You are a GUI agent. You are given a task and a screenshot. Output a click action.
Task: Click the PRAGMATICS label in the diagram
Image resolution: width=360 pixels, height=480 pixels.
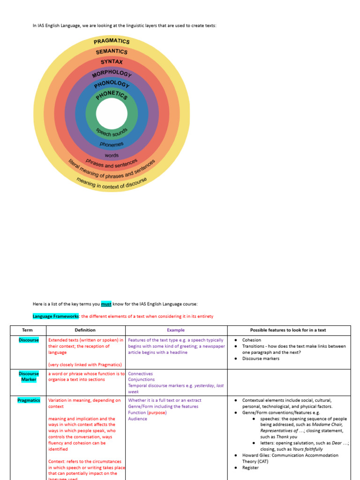pyautogui.click(x=112, y=41)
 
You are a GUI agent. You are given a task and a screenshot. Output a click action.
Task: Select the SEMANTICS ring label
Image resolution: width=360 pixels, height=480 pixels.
pyautogui.click(x=112, y=52)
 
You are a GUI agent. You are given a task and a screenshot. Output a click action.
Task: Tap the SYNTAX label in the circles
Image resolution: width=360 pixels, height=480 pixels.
pyautogui.click(x=112, y=61)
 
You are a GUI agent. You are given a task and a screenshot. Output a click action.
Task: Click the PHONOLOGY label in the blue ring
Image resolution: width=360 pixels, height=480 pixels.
pyautogui.click(x=112, y=84)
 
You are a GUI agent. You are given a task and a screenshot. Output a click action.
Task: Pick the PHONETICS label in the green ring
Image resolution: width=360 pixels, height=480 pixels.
pyautogui.click(x=112, y=95)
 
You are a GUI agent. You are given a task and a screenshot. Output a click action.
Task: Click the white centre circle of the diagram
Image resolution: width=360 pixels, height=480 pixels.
pyautogui.click(x=112, y=114)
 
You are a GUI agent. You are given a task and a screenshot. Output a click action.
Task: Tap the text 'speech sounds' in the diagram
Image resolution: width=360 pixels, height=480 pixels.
pyautogui.click(x=112, y=133)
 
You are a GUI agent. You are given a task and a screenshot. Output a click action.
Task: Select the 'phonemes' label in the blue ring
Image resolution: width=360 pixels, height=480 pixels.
pyautogui.click(x=112, y=144)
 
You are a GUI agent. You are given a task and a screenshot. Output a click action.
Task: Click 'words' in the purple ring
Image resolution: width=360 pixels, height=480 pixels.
pyautogui.click(x=112, y=155)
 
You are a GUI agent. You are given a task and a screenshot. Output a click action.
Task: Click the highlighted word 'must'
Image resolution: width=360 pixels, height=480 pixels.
pyautogui.click(x=106, y=304)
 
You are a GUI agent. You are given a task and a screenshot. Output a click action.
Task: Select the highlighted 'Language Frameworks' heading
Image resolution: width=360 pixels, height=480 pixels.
pyautogui.click(x=56, y=316)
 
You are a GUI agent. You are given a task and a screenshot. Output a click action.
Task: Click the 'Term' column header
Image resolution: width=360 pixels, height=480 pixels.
pyautogui.click(x=28, y=330)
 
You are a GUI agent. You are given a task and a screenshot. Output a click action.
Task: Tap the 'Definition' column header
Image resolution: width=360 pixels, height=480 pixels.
pyautogui.click(x=85, y=330)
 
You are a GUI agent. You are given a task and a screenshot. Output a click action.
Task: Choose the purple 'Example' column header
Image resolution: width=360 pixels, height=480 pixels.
pyautogui.click(x=176, y=330)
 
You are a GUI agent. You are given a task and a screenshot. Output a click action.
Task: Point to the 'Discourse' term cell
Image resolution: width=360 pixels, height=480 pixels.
pyautogui.click(x=29, y=340)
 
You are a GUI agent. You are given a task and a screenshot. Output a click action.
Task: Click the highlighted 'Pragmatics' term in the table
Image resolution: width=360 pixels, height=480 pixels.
pyautogui.click(x=29, y=400)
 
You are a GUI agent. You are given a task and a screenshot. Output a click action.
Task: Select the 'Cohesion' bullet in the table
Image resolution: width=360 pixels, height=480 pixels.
pyautogui.click(x=252, y=340)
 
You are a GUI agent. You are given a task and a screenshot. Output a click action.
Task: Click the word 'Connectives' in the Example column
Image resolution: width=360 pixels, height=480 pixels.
pyautogui.click(x=140, y=374)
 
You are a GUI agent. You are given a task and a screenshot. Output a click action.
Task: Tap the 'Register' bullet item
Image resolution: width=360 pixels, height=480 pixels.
pyautogui.click(x=250, y=467)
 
